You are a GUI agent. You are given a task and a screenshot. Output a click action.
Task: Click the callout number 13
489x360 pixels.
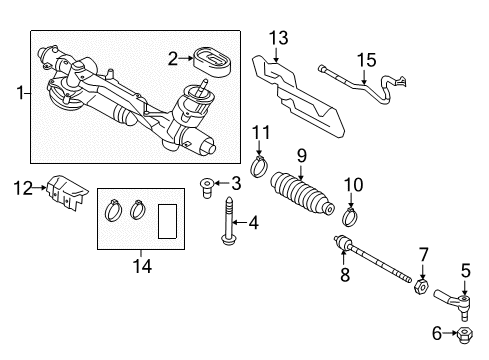pyautogui.click(x=279, y=38)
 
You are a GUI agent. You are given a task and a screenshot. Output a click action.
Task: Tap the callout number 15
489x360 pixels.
pyautogui.click(x=366, y=60)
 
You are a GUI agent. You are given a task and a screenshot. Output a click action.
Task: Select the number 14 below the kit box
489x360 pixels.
pyautogui.click(x=142, y=266)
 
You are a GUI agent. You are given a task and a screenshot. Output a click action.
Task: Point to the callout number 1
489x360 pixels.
pyautogui.click(x=21, y=93)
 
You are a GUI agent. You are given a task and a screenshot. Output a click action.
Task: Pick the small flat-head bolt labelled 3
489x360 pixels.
pyautogui.click(x=207, y=188)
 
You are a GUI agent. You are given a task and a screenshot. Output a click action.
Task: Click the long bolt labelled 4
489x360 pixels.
pyautogui.click(x=228, y=220)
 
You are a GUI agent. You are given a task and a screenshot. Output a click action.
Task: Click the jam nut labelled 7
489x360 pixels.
pyautogui.click(x=421, y=286)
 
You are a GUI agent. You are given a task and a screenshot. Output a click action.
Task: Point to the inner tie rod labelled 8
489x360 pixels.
pyautogui.click(x=373, y=258)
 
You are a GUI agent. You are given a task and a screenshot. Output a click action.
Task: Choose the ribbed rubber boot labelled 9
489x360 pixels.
pyautogui.click(x=302, y=196)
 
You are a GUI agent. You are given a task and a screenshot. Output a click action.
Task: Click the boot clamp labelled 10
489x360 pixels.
pyautogui.click(x=350, y=216)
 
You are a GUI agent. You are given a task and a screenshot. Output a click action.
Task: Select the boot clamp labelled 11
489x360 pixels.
pyautogui.click(x=259, y=167)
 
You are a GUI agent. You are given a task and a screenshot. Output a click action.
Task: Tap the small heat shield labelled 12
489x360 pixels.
pyautogui.click(x=67, y=192)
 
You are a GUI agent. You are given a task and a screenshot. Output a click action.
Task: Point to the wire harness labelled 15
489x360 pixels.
pyautogui.click(x=362, y=85)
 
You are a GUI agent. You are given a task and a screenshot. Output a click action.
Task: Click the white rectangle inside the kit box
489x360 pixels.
pyautogui.click(x=167, y=221)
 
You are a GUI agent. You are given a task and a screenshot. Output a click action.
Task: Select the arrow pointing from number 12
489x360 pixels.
pyautogui.click(x=40, y=188)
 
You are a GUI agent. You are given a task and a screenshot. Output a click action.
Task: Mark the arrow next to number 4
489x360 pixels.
pyautogui.click(x=240, y=222)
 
